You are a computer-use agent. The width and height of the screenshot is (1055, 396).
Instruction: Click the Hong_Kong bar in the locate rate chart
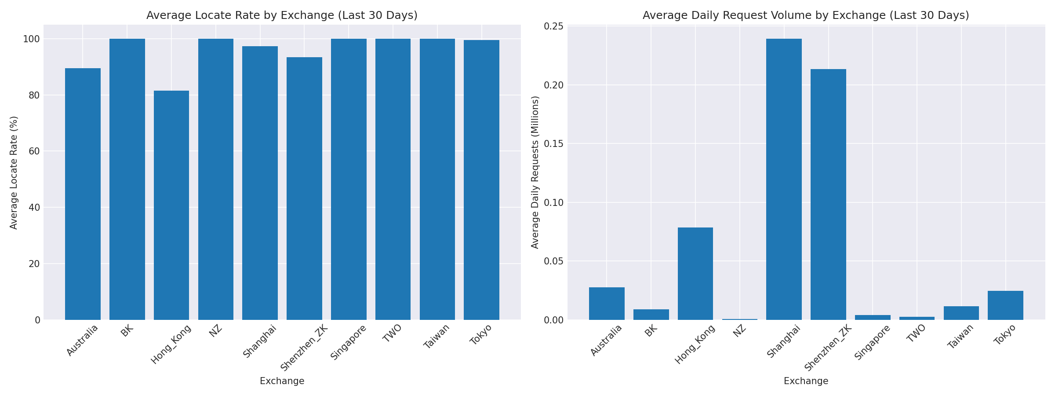[x=171, y=205]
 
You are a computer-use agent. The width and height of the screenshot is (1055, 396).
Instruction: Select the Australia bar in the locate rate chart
[x=83, y=194]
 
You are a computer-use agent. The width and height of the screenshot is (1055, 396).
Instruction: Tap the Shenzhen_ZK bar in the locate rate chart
[x=304, y=188]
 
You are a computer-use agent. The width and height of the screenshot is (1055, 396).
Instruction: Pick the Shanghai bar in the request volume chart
[x=784, y=179]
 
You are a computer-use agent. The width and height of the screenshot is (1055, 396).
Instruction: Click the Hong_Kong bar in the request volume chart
[x=695, y=273]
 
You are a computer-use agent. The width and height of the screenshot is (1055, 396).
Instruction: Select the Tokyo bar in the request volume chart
[x=1005, y=305]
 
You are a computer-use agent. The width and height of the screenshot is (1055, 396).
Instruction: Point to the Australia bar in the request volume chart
[x=607, y=303]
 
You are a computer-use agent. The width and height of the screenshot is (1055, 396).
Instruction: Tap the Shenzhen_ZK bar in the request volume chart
[x=828, y=194]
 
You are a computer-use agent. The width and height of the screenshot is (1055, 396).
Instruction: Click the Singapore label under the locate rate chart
[x=349, y=342]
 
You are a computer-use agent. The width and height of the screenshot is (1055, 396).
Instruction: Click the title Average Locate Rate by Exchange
[x=282, y=15]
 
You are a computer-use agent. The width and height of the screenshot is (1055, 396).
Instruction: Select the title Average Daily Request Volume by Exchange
[x=806, y=15]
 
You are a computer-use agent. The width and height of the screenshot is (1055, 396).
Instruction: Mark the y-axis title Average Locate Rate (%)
[x=14, y=172]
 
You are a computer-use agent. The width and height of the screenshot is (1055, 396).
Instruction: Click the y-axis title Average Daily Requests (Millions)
[x=535, y=172]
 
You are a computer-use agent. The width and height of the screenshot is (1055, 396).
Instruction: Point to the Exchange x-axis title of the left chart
[x=282, y=381]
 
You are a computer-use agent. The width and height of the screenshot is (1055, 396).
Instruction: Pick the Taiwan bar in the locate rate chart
[x=437, y=179]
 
